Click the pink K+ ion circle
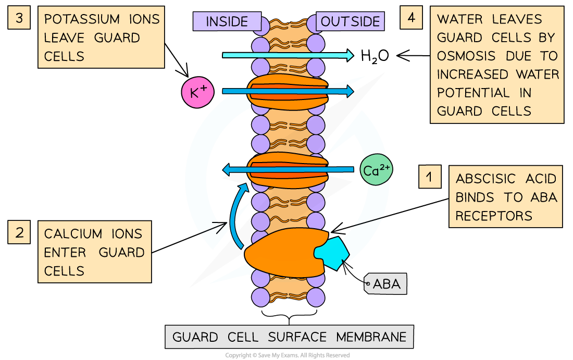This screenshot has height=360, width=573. pos(198,92)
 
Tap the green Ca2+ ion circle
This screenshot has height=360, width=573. pos(376,170)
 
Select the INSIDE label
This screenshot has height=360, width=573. pos(227,21)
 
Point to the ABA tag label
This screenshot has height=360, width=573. pos(386,284)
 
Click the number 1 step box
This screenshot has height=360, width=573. pos(429,177)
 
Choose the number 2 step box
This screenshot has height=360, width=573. pos(19,232)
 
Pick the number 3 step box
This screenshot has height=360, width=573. pos(19,18)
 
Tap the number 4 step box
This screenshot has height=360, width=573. pos(412,18)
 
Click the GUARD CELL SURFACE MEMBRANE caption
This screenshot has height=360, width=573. pos(289,337)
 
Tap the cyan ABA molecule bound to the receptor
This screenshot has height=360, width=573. pos(332,253)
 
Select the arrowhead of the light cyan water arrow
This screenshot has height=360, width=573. pos(350,55)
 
